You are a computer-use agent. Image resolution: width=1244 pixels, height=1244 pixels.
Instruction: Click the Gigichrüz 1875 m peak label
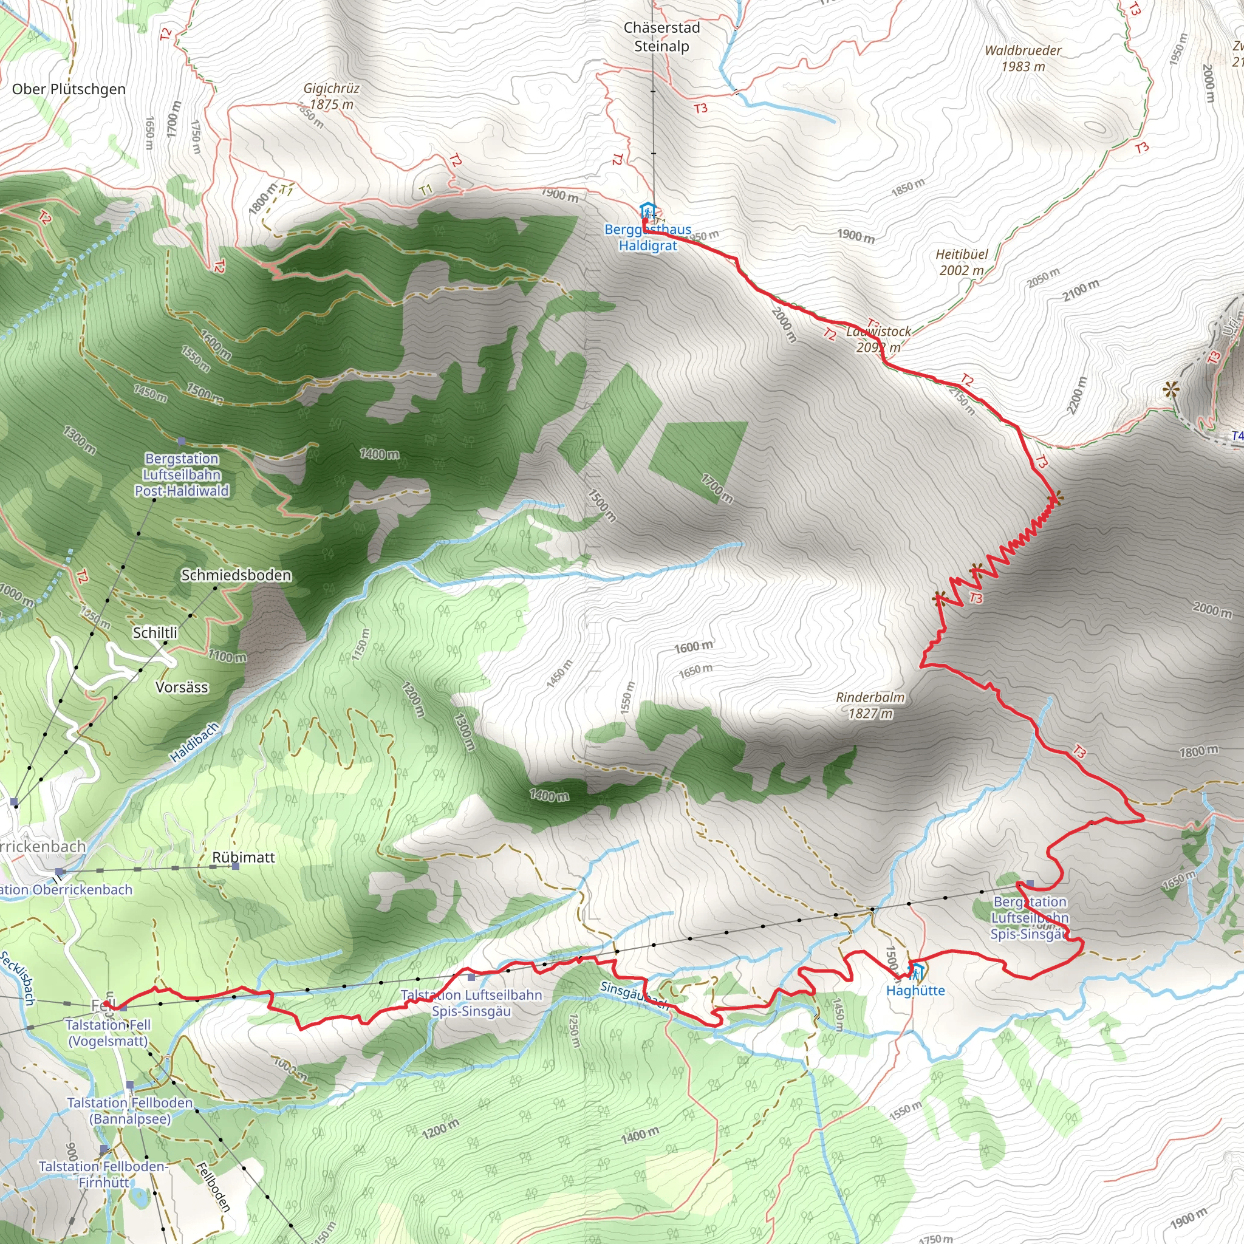pos(331,96)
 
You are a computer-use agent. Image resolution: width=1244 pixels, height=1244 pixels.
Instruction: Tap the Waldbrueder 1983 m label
pos(1022,58)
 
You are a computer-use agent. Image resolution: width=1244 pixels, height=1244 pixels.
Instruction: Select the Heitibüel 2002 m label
pos(962,262)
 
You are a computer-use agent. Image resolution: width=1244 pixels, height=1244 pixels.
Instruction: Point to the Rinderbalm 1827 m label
pos(870,705)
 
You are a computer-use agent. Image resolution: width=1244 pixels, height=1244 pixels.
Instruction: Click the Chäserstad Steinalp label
pos(661,36)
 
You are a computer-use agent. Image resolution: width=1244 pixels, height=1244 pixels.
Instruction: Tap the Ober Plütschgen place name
pos(69,89)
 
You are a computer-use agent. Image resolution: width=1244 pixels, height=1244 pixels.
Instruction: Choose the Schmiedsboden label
pos(236,575)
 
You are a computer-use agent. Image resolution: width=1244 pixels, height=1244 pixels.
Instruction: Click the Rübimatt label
pos(244,857)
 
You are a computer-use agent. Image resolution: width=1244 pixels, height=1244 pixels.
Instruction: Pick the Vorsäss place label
pos(182,687)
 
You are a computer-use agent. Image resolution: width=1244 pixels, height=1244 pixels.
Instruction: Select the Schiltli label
pos(154,633)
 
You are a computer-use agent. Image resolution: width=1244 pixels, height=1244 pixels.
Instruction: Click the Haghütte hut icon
pos(915,971)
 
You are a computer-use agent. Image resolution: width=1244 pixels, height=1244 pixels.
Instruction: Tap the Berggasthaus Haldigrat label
pos(648,237)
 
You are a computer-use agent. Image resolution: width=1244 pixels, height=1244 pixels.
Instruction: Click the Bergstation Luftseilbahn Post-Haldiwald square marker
pos(182,441)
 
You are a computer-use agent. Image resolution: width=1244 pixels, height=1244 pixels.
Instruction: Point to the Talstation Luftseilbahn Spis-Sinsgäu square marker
pos(471,977)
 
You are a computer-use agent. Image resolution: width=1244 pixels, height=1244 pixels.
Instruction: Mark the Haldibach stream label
pos(194,742)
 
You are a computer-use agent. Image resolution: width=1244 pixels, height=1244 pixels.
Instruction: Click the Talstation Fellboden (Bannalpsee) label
pos(130,1111)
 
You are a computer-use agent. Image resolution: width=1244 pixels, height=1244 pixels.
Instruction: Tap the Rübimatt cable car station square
pos(236,866)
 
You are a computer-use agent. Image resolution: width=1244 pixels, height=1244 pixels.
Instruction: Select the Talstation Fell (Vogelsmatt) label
pos(108,1033)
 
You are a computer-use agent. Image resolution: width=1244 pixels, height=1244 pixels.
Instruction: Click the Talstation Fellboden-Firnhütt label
pos(103,1174)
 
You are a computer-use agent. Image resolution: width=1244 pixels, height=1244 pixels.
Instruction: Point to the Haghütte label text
pos(915,990)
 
